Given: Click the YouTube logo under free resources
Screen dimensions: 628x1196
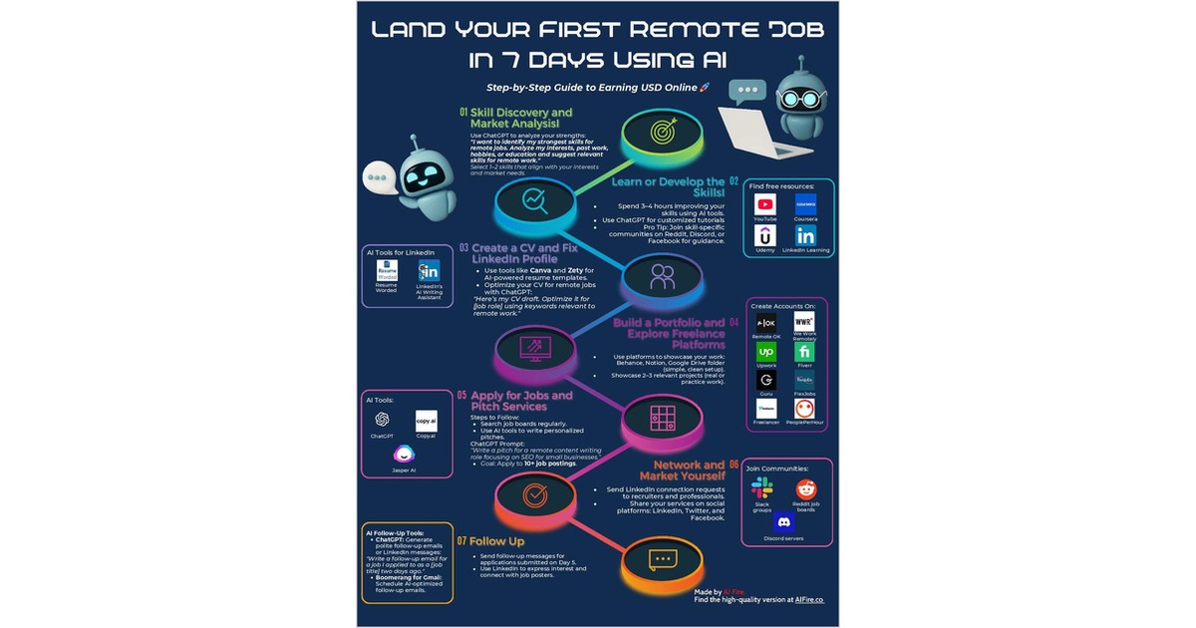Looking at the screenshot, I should coord(765,204).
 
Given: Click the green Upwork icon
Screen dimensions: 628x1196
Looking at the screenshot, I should coord(765,352).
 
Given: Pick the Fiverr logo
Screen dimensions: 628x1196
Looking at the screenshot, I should coord(804,352).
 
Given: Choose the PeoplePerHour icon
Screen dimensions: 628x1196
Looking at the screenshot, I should coord(804,409).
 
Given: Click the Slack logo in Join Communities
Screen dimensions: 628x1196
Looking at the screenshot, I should coord(762,488).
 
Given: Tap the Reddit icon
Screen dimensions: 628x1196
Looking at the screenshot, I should coord(806,488).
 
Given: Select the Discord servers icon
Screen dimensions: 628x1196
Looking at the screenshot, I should coord(783,522).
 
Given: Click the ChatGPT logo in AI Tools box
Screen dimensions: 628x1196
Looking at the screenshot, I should coord(382,421).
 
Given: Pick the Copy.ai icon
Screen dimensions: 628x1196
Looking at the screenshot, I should coord(426,421).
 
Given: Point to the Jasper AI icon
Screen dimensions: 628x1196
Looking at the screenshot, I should coord(405,455).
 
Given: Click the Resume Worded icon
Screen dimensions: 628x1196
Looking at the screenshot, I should coord(387,272).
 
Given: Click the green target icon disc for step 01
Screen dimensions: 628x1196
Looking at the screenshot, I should coord(661,132).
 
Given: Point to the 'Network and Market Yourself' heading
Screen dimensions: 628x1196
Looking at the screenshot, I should coord(689,471).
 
